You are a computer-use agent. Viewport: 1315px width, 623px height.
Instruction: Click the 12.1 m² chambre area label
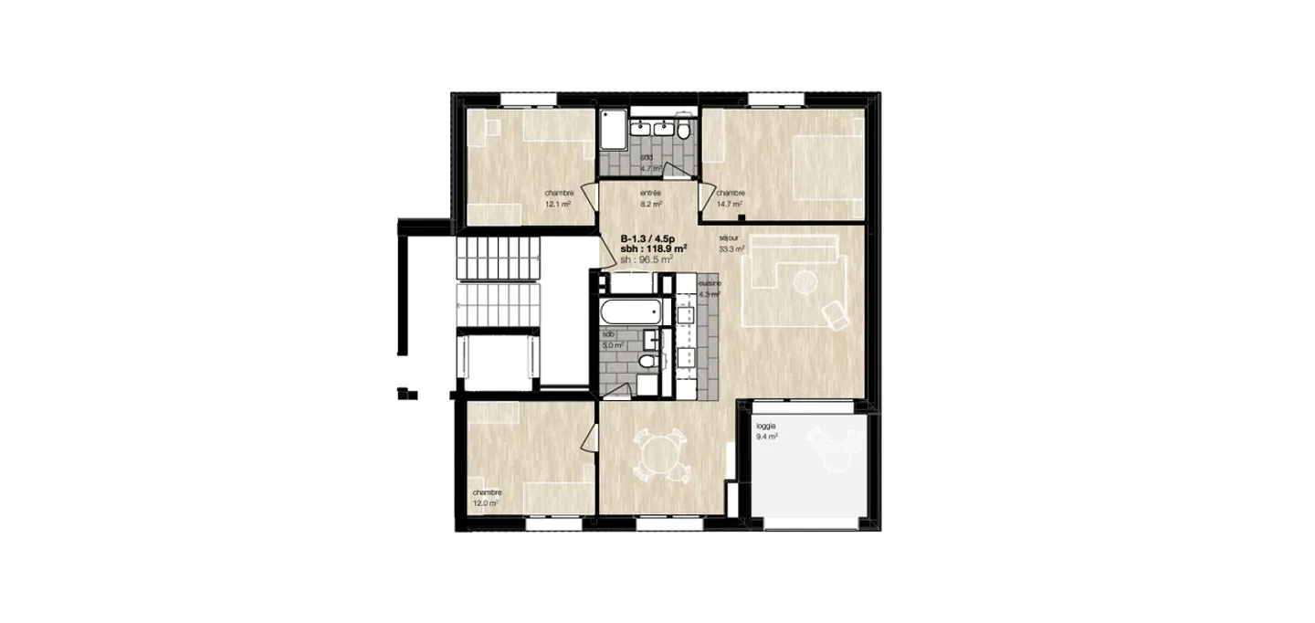click(558, 198)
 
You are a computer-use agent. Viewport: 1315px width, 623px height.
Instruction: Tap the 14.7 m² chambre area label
click(731, 198)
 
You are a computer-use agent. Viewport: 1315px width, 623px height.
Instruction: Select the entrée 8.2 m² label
click(650, 198)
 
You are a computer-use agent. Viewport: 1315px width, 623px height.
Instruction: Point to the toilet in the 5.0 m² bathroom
click(647, 364)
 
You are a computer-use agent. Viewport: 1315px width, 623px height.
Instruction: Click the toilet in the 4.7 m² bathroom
click(684, 130)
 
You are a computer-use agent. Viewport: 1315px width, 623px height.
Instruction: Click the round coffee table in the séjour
click(805, 282)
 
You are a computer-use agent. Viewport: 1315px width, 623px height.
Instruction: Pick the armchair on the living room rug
click(834, 315)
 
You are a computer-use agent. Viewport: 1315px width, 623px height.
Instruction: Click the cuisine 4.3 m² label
click(710, 290)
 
